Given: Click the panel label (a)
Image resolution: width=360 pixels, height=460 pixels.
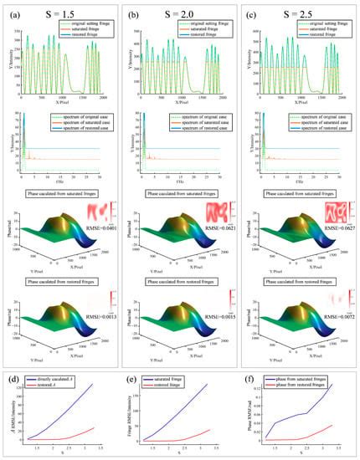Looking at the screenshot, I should [13, 10].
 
